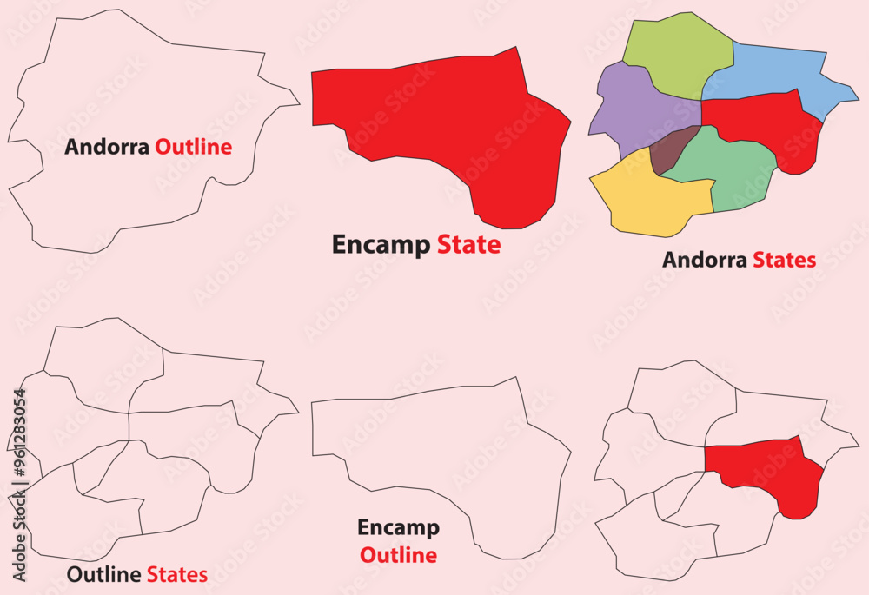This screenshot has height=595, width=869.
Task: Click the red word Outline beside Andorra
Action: point(193,147)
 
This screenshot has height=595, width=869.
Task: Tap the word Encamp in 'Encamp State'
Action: point(381,245)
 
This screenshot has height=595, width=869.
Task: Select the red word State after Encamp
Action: point(468,245)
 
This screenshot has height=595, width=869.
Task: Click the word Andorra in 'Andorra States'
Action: point(705,260)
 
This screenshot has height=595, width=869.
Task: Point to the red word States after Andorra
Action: point(784,260)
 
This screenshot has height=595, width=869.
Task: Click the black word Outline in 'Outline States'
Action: point(104,574)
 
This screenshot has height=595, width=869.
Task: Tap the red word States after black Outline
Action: point(176,574)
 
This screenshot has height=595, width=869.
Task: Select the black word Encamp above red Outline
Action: point(398,528)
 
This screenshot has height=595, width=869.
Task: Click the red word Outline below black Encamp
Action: point(398,555)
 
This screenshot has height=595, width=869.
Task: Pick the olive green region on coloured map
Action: point(678,54)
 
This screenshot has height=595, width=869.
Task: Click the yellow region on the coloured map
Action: point(647,200)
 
